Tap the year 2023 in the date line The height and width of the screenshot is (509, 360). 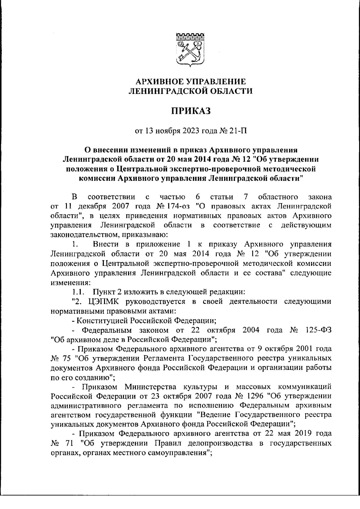click(x=188, y=131)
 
